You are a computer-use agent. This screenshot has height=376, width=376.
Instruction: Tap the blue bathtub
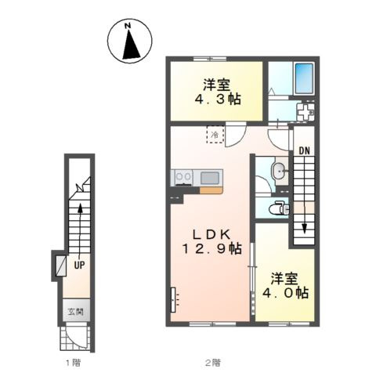pyautogui.click(x=304, y=78)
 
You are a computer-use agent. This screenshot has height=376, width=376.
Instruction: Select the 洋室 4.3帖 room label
pyautogui.click(x=217, y=92)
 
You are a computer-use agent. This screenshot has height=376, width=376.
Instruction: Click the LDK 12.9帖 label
pyautogui.click(x=211, y=242)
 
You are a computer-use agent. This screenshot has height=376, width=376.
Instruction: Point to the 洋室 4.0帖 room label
pyautogui.click(x=285, y=286)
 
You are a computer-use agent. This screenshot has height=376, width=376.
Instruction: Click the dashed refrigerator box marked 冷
pyautogui.click(x=215, y=135)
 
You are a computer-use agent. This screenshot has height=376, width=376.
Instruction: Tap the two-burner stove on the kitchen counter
pyautogui.click(x=183, y=177)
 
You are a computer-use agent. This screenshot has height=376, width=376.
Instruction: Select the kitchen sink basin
pyautogui.click(x=210, y=178)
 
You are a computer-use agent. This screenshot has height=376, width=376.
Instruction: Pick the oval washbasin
pyautogui.click(x=280, y=172)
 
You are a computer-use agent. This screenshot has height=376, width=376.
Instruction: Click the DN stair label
pyautogui.click(x=304, y=151)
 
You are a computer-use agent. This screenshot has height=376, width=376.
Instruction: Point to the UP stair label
pyautogui.click(x=79, y=266)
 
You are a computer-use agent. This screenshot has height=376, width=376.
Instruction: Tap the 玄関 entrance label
pyautogui.click(x=76, y=312)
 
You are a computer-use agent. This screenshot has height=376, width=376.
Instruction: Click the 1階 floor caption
pyautogui.click(x=73, y=363)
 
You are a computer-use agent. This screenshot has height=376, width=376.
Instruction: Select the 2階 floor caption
pyautogui.click(x=212, y=363)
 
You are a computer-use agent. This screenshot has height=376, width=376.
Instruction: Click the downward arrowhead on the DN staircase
pyautogui.click(x=304, y=228)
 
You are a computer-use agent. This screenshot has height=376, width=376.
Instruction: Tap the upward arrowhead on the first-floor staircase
pyautogui.click(x=80, y=209)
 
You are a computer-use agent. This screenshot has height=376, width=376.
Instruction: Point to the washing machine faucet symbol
pyautogui.click(x=305, y=113)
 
